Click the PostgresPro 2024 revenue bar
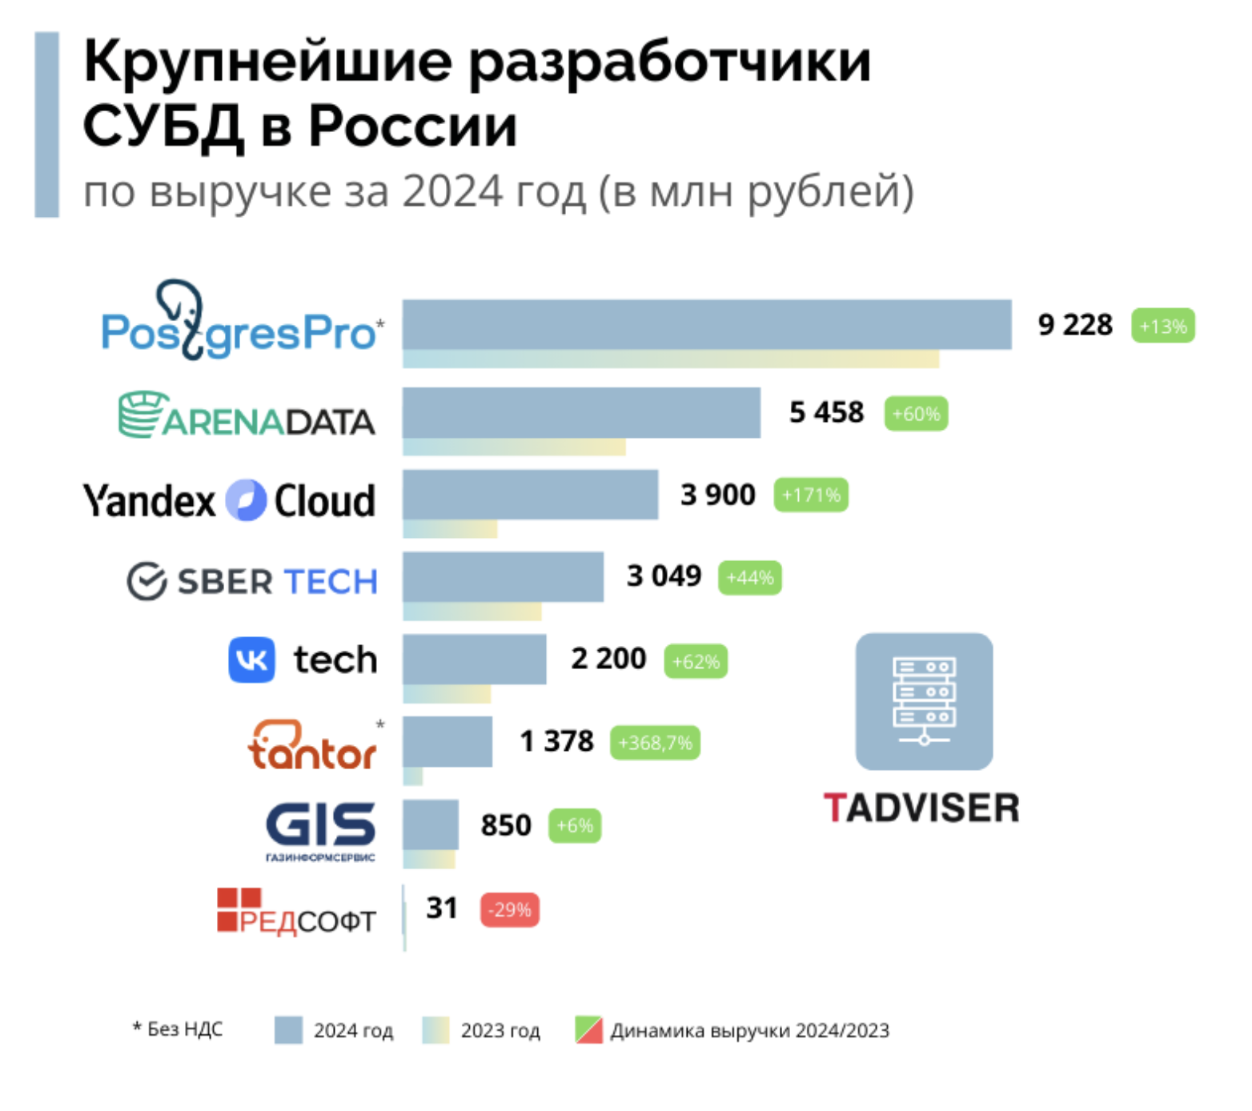(x=706, y=324)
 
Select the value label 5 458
(x=826, y=412)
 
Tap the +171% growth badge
(x=810, y=495)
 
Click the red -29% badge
(x=510, y=910)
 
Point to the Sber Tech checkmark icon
(x=146, y=581)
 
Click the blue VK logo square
(x=251, y=660)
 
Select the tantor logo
(x=311, y=746)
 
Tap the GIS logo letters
(x=320, y=824)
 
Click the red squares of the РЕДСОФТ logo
(x=239, y=909)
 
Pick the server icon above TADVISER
(x=924, y=701)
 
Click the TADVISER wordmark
(x=921, y=808)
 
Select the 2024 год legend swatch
(x=288, y=1030)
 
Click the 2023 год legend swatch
(x=435, y=1030)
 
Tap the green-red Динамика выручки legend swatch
(x=588, y=1030)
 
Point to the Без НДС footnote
(x=178, y=1029)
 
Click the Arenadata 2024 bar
(x=581, y=412)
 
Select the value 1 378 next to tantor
(x=556, y=742)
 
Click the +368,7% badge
(x=655, y=743)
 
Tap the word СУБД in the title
(x=163, y=126)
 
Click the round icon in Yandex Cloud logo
(x=245, y=501)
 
